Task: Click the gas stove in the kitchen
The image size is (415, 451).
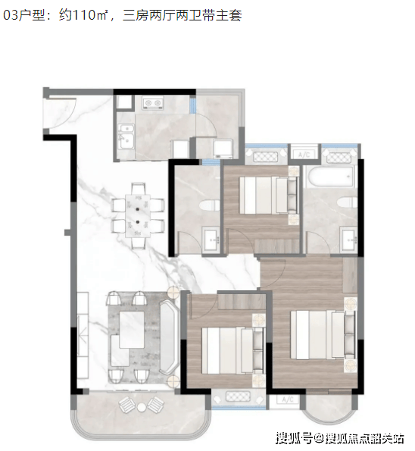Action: click(x=153, y=103)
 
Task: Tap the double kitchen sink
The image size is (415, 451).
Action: click(x=126, y=136)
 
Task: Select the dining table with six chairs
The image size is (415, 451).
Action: click(x=138, y=216)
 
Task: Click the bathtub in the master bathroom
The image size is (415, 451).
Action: click(x=329, y=177)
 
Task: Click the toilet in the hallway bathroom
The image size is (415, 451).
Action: click(x=210, y=205)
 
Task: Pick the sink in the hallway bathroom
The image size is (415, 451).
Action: click(x=212, y=239)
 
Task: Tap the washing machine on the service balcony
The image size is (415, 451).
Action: click(x=223, y=148)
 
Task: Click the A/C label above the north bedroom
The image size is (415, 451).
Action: click(x=304, y=155)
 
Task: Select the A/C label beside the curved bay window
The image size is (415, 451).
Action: click(x=288, y=399)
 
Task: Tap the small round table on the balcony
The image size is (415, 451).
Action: click(x=142, y=407)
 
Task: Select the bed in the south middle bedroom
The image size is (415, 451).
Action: click(x=232, y=351)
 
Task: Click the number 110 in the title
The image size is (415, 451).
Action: click(x=85, y=15)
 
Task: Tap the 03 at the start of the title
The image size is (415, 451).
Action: click(x=11, y=15)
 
